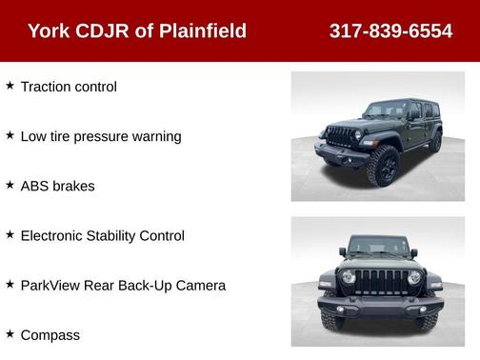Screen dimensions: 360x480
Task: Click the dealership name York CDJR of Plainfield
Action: click(x=137, y=31)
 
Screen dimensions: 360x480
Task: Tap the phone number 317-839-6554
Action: click(x=390, y=31)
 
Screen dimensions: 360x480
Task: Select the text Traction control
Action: click(x=69, y=87)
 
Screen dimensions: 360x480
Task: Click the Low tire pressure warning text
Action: click(x=101, y=136)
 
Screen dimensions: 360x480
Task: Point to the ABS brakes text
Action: click(x=57, y=186)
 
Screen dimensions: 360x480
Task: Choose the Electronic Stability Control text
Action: click(x=102, y=235)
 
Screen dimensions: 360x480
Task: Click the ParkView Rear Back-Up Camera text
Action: click(x=123, y=285)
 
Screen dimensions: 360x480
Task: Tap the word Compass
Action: click(x=50, y=334)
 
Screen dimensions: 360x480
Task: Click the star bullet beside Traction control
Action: click(x=10, y=86)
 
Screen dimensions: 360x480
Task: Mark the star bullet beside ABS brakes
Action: click(x=10, y=185)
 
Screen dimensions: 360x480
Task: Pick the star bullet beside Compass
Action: click(x=10, y=333)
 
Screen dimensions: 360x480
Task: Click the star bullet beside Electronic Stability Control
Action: click(x=10, y=234)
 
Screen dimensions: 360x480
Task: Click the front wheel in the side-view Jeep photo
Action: click(x=383, y=165)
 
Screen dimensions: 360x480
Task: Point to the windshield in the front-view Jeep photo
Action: click(x=379, y=247)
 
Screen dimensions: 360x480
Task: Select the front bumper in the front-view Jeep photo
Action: click(x=380, y=309)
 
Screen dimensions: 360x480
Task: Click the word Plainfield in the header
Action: click(x=201, y=31)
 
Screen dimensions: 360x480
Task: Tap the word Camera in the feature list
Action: click(x=200, y=285)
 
